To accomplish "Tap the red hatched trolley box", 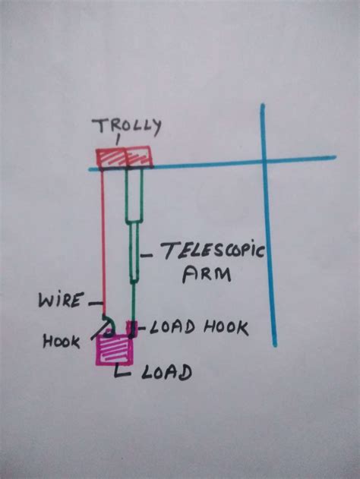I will click(x=124, y=158).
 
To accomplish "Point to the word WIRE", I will click(x=61, y=301).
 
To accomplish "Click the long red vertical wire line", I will click(x=102, y=243).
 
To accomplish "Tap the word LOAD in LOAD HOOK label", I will click(x=172, y=328).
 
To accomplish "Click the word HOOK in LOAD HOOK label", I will click(x=226, y=328).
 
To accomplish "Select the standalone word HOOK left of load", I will click(x=62, y=342).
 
